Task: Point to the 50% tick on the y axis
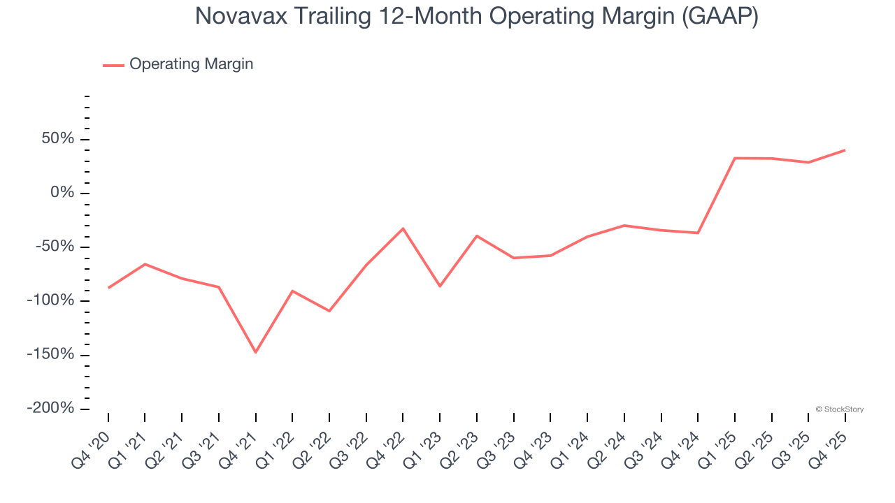click(x=57, y=139)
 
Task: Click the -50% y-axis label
click(x=55, y=247)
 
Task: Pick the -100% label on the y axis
click(x=50, y=300)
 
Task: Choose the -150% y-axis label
click(x=50, y=354)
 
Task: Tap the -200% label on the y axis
click(x=50, y=408)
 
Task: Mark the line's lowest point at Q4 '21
click(x=255, y=352)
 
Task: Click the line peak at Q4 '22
click(x=403, y=228)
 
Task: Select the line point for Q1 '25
click(x=735, y=158)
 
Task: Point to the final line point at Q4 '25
click(x=845, y=150)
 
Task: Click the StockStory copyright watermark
click(x=840, y=409)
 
